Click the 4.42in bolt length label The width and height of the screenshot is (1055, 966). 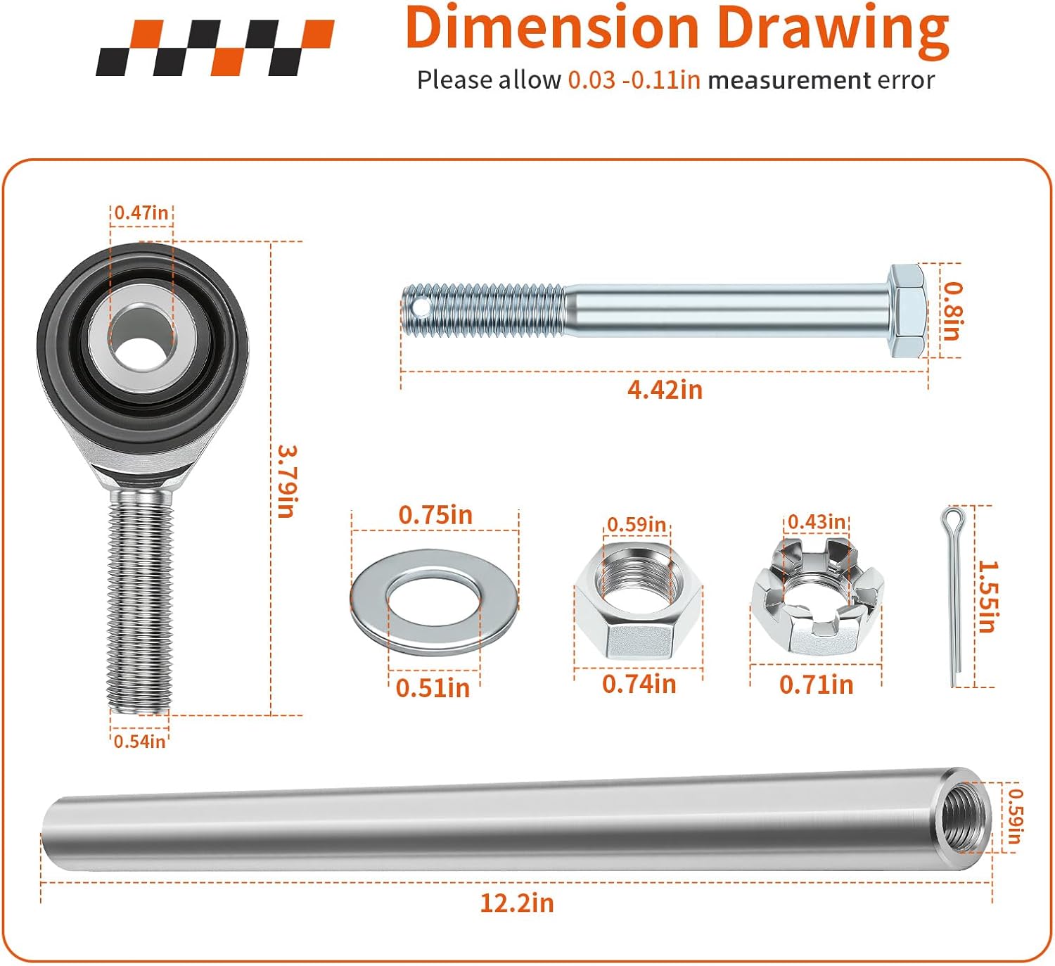click(665, 390)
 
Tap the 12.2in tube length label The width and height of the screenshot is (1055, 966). click(517, 903)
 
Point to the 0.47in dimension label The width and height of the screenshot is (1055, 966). click(141, 212)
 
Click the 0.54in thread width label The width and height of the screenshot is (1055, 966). click(139, 741)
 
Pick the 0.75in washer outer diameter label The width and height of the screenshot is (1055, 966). click(435, 515)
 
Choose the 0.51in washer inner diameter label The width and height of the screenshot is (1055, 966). click(433, 687)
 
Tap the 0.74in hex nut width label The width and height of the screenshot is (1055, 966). click(639, 684)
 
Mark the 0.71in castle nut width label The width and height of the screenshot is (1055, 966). click(816, 685)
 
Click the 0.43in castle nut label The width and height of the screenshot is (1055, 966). click(816, 522)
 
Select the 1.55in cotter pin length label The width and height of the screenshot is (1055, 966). click(987, 597)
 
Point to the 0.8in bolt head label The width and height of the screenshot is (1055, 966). click(952, 311)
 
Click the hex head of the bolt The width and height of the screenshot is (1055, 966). click(907, 311)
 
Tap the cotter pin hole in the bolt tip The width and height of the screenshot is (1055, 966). click(421, 307)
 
